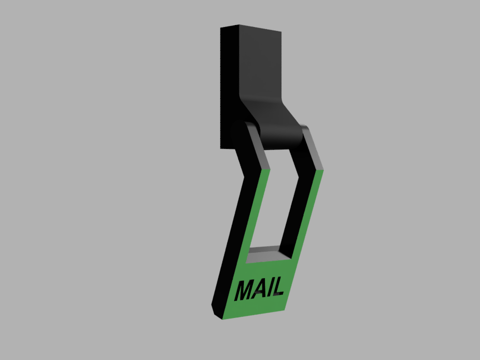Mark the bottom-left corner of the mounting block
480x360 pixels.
(x=221, y=148)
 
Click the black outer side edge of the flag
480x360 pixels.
(x=228, y=241)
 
